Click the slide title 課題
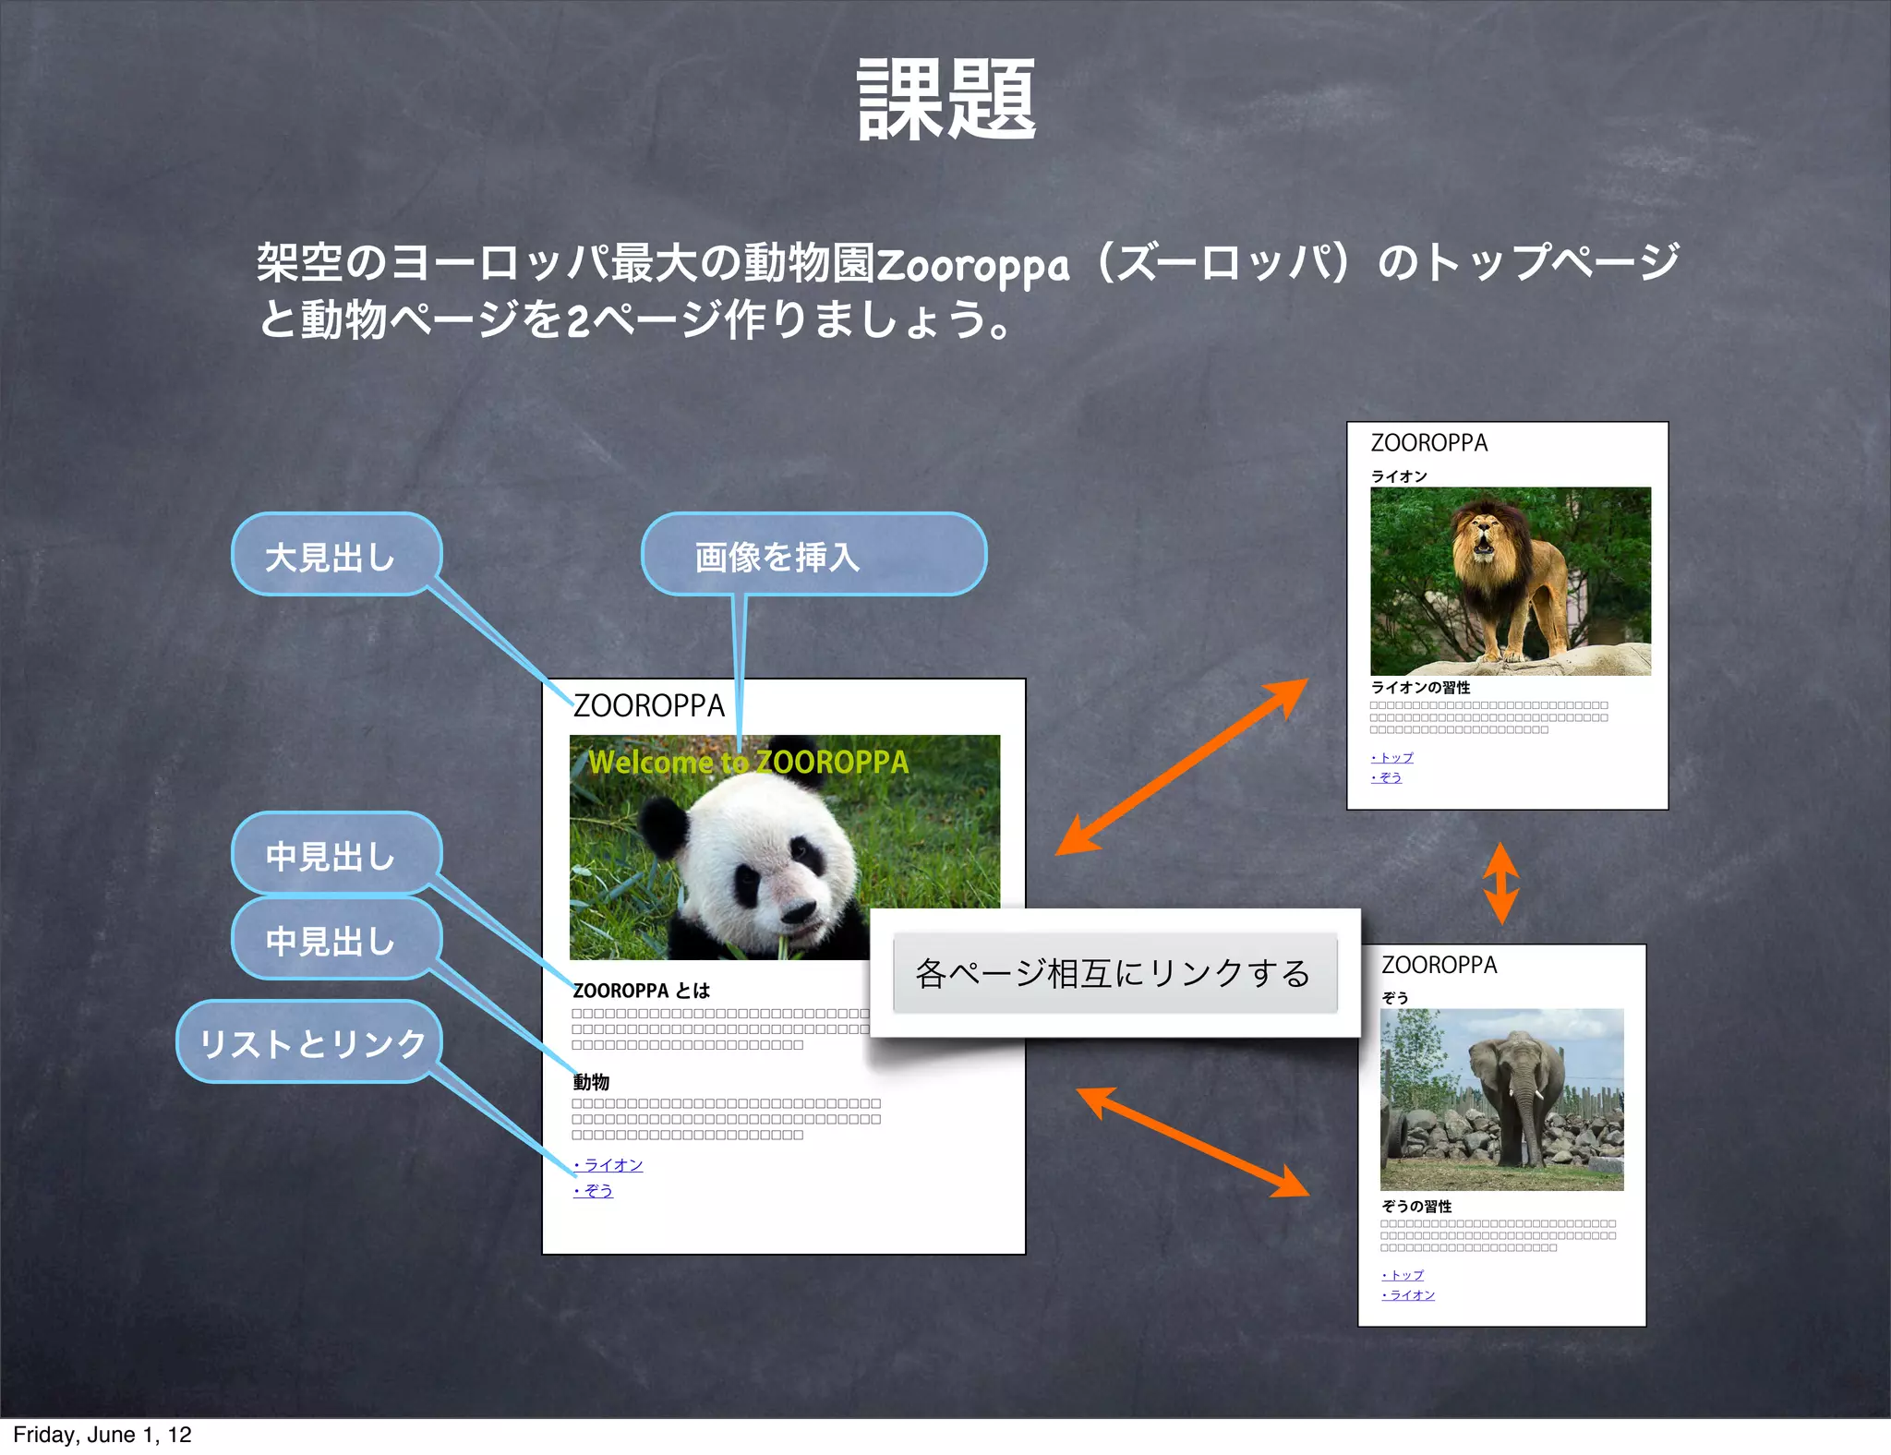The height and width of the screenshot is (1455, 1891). [946, 99]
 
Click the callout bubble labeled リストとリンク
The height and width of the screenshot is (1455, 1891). [311, 1042]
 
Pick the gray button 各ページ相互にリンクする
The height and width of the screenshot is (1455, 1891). [1114, 973]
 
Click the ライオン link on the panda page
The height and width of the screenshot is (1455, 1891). [609, 1165]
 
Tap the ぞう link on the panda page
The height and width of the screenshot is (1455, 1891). [595, 1191]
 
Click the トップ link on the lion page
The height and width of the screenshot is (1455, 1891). [1393, 758]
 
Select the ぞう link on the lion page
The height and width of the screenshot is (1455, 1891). [1388, 778]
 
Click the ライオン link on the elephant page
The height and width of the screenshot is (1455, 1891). [1410, 1295]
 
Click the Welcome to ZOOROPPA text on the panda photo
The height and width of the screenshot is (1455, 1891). [748, 763]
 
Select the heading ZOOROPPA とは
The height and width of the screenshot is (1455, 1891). [641, 991]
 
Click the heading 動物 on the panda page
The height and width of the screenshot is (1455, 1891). [591, 1082]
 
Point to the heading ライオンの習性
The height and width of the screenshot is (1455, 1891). [1420, 688]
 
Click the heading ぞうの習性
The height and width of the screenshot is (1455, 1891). [1416, 1207]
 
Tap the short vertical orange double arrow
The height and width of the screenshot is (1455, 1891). [1500, 883]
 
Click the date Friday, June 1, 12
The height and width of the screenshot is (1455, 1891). [102, 1435]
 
